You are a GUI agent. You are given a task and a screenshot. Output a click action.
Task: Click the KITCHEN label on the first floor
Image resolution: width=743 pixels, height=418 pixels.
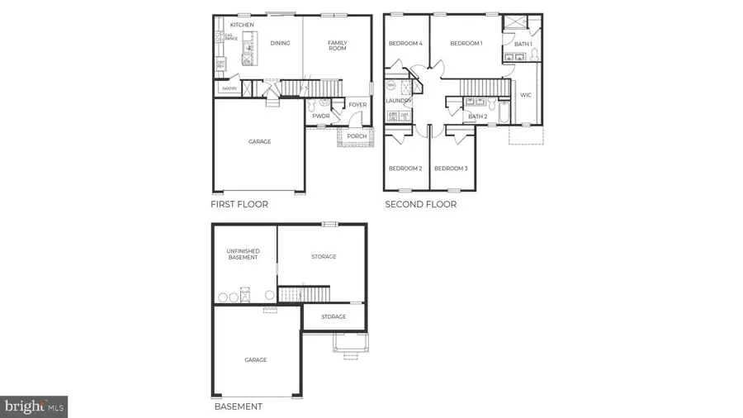242,25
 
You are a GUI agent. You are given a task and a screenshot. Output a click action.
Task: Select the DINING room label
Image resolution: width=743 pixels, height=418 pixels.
280,43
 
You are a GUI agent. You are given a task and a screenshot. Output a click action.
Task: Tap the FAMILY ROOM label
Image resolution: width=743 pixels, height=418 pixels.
338,45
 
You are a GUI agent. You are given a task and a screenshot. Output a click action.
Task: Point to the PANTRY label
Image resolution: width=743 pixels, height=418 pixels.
230,88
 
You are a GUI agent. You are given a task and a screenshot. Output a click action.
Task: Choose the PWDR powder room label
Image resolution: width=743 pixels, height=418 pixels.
321,116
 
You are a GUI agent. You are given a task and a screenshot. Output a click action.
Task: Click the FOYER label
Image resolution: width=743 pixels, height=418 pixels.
357,105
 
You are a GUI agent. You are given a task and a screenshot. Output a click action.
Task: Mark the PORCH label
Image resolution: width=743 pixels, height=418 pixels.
357,136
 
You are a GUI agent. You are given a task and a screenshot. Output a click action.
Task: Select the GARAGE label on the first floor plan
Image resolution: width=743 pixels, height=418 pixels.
259,141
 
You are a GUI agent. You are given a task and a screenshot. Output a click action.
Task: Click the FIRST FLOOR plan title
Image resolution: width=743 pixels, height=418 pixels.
239,204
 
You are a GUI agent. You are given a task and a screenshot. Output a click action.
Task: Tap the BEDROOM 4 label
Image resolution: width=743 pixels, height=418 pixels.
406,43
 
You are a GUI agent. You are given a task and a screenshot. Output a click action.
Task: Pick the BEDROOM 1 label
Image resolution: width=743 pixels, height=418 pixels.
466,43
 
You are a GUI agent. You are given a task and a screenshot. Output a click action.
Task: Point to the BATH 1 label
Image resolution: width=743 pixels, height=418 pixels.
523,44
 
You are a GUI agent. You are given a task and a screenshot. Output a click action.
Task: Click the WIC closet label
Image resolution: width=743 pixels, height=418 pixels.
526,95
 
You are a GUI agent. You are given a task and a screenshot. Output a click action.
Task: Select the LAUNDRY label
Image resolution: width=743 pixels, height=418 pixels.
398,101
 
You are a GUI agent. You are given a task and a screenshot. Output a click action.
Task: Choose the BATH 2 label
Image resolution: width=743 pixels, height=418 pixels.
478,116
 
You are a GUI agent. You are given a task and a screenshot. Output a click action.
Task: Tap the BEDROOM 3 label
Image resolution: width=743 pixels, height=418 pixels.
451,169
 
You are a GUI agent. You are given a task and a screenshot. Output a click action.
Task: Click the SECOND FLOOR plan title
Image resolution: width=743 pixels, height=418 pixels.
420,204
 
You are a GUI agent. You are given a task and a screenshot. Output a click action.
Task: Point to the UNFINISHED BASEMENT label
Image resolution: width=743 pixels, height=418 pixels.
243,254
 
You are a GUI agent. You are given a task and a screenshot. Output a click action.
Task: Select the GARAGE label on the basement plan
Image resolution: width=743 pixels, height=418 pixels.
255,360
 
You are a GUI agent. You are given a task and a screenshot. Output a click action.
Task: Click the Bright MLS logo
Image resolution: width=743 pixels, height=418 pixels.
34,406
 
